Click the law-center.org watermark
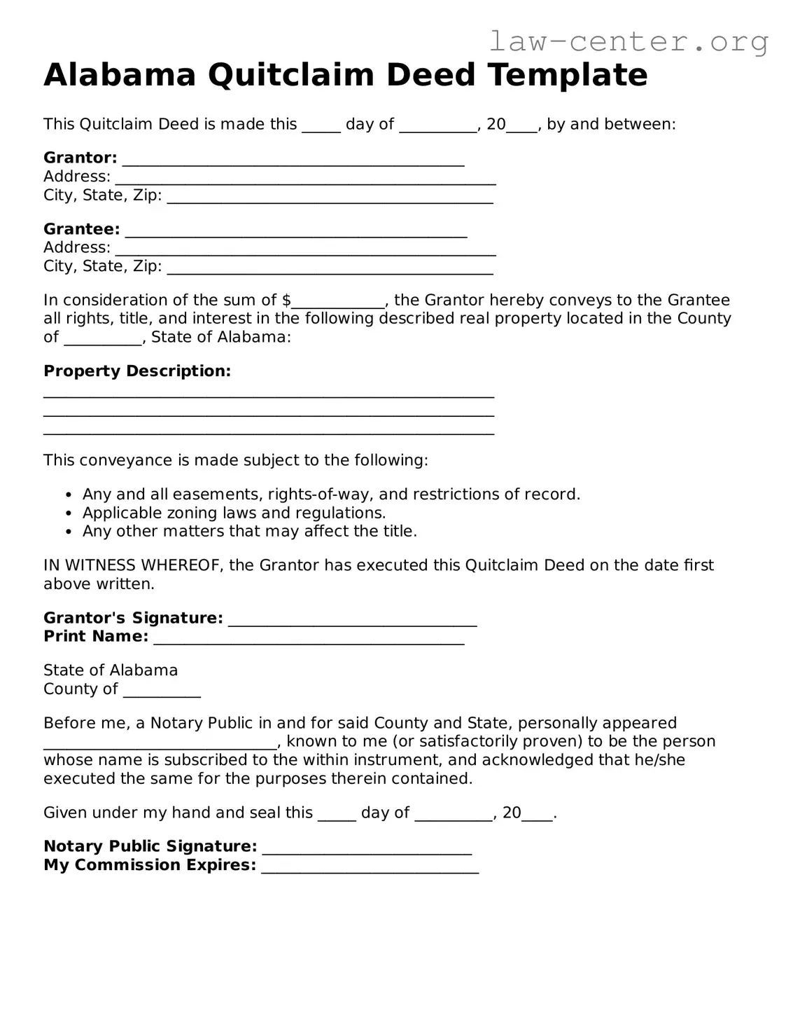pyautogui.click(x=628, y=42)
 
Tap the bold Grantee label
pyautogui.click(x=81, y=229)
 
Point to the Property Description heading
pyautogui.click(x=137, y=371)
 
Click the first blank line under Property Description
pyautogui.click(x=269, y=394)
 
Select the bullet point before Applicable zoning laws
pyautogui.click(x=69, y=513)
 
